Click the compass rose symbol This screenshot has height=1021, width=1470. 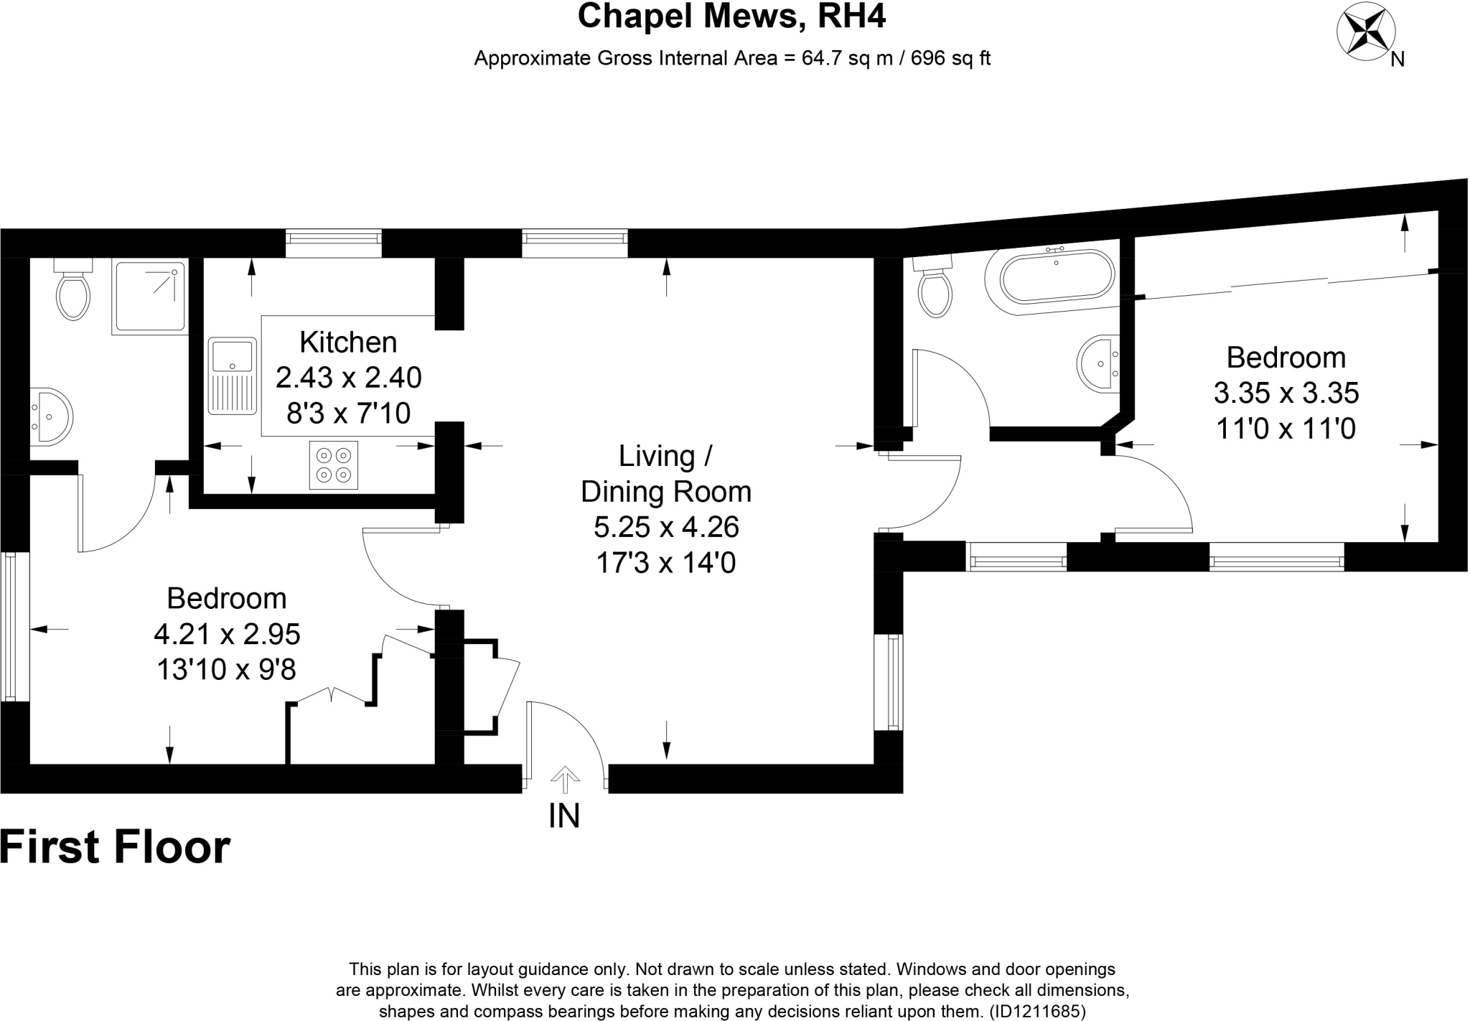1365,32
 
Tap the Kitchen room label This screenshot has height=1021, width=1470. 348,342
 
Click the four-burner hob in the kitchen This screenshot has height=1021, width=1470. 334,465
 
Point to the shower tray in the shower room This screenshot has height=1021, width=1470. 149,296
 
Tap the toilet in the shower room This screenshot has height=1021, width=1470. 73,291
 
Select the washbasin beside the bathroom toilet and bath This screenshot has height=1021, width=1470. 1098,363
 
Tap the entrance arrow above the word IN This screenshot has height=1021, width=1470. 565,780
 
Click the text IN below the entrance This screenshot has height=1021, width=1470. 564,816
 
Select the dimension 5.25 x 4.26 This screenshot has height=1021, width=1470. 666,528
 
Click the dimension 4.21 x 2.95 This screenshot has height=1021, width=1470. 227,634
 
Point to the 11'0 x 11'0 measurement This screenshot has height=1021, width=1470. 1286,429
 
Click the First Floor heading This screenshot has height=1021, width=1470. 115,847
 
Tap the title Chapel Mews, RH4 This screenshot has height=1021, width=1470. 731,17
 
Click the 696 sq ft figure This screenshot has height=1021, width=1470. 950,58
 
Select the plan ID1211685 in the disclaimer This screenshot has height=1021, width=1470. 1037,1012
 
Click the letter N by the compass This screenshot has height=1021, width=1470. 1397,60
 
